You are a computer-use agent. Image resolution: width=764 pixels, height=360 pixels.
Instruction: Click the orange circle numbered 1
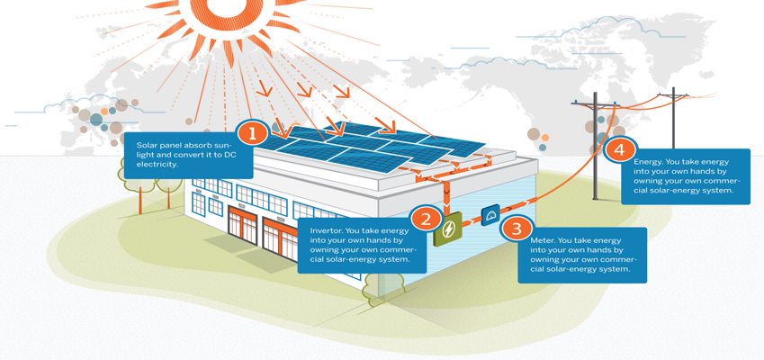click(x=253, y=135)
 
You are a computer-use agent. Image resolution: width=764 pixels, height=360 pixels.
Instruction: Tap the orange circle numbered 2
click(x=426, y=216)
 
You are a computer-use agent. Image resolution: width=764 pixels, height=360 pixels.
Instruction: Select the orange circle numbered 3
click(x=516, y=229)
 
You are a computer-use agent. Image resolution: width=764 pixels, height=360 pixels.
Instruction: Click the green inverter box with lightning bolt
click(x=446, y=232)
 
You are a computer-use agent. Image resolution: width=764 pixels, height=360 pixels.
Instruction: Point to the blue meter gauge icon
click(x=490, y=218)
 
